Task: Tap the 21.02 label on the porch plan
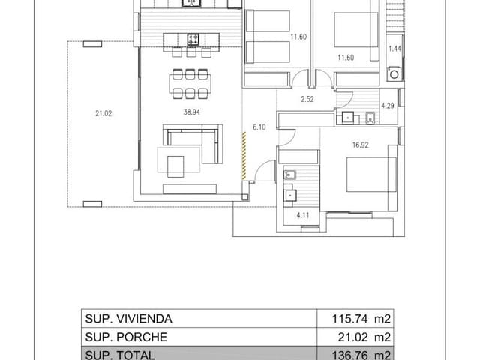click(103, 113)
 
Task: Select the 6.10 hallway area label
click(259, 127)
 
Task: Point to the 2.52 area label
click(307, 99)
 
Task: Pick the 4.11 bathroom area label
click(303, 216)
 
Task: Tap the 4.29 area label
click(388, 105)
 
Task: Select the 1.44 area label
click(394, 49)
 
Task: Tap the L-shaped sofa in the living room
click(194, 145)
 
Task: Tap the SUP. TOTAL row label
click(119, 354)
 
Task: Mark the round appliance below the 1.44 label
click(394, 73)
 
